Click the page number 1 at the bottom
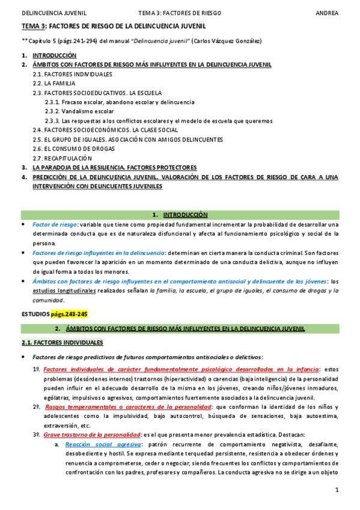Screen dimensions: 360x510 (337, 491)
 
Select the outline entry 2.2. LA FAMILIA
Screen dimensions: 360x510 (54, 83)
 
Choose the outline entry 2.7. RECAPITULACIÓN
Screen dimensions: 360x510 (66, 158)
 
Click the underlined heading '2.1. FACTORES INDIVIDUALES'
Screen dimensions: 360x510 (62, 343)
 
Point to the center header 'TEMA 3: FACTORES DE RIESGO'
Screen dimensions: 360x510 (179, 11)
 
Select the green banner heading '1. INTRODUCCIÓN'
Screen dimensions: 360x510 (180, 214)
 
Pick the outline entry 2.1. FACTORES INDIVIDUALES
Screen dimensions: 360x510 (72, 74)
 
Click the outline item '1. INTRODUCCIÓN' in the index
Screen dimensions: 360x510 (54, 55)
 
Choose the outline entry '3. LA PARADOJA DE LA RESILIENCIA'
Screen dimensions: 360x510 (114, 167)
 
